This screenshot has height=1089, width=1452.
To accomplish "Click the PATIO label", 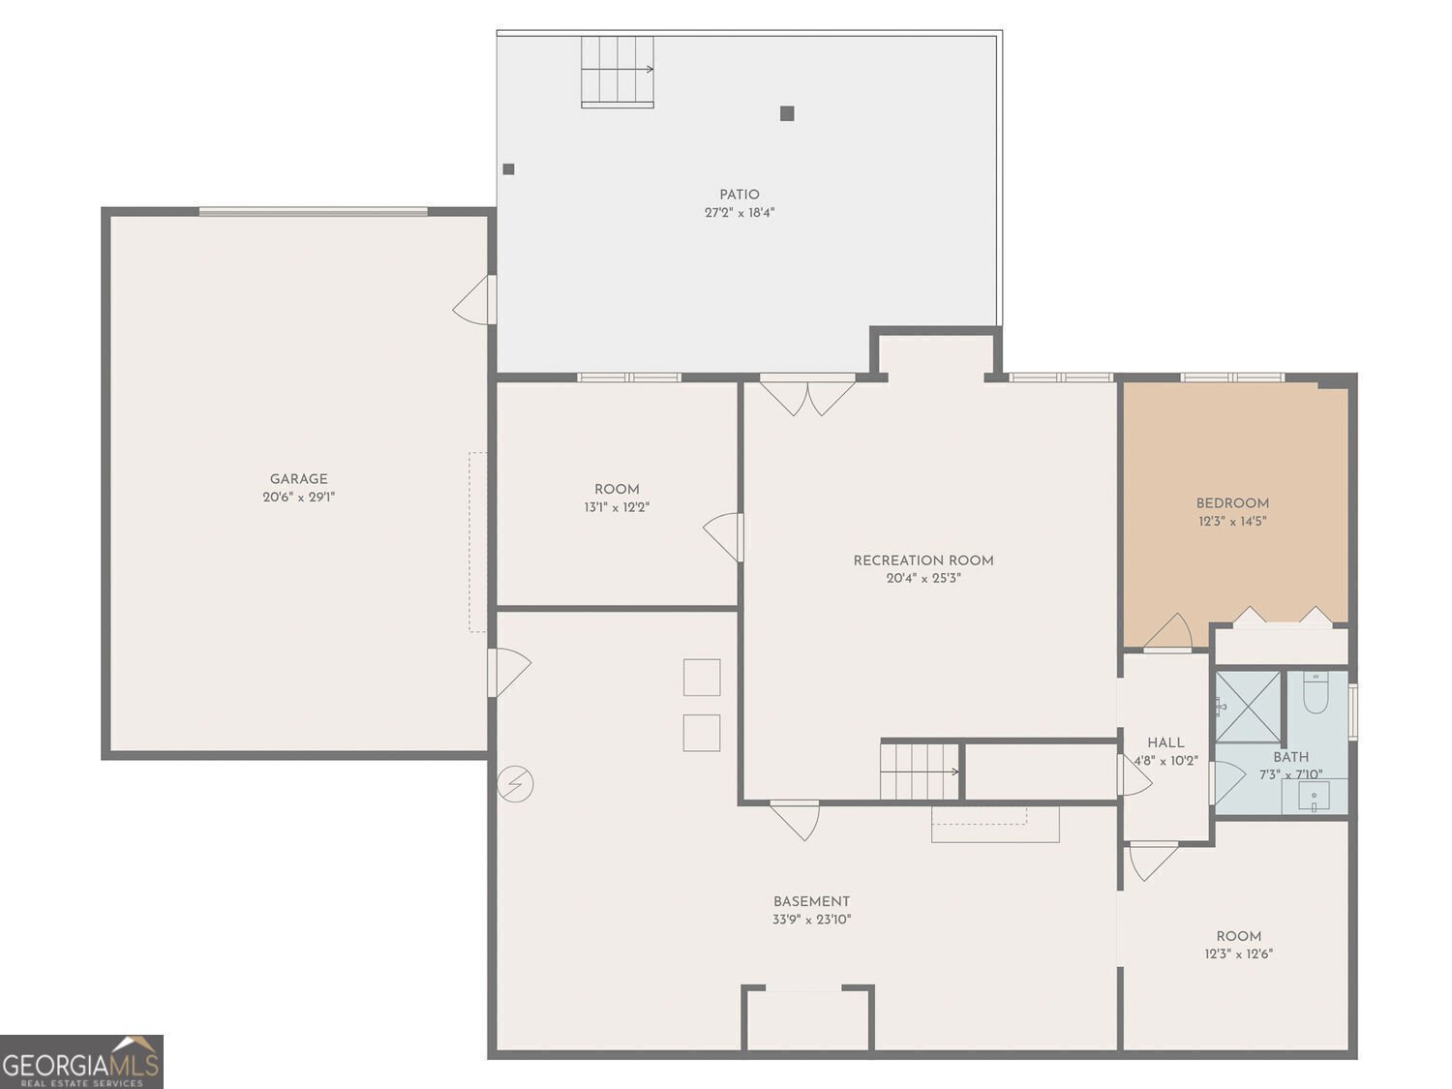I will (x=739, y=195).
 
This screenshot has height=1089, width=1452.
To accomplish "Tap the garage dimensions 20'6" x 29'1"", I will (x=298, y=498).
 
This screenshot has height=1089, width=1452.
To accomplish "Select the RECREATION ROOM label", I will (x=923, y=560).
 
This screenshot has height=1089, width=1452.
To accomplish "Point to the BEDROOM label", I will (x=1232, y=503).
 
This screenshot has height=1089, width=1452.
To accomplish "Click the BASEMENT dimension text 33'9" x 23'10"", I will (x=811, y=920).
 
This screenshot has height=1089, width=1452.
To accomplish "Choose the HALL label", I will (x=1165, y=742).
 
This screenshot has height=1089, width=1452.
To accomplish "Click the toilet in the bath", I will (x=1315, y=694).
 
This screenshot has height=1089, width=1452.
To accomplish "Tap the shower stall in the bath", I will (x=1248, y=707).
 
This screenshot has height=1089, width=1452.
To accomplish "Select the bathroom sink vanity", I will (x=1314, y=797).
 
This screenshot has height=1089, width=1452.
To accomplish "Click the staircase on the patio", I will (x=617, y=71).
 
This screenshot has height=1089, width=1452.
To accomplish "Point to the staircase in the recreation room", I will (x=919, y=771).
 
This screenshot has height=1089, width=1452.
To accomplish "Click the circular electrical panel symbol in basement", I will (x=515, y=783).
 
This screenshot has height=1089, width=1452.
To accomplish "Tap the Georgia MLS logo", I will (x=81, y=1062).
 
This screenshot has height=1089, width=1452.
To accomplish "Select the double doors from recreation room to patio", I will (x=807, y=394).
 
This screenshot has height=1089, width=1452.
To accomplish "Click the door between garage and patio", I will (x=476, y=300).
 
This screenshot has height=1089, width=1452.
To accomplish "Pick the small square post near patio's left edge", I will (x=508, y=169).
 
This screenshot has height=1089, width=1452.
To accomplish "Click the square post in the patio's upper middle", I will (x=787, y=113).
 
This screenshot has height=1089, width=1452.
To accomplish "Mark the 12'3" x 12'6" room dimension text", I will (x=1238, y=954).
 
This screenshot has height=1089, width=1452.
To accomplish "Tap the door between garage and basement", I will (x=508, y=672).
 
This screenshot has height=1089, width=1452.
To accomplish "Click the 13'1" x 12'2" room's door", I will (x=725, y=536).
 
